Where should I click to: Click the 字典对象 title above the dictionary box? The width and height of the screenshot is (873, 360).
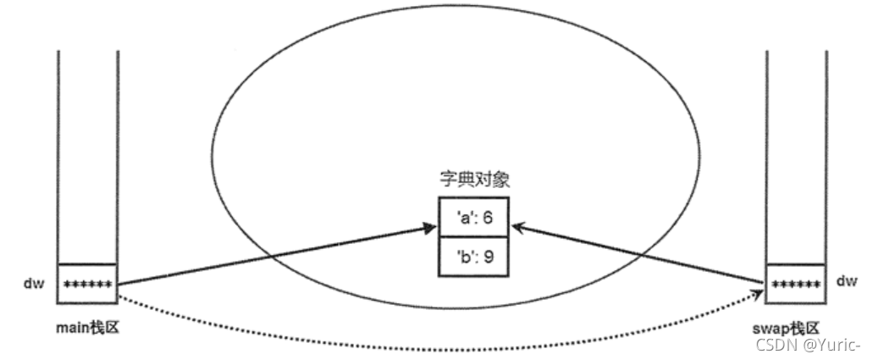tap(472, 181)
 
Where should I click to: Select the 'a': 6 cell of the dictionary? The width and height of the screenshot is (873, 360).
tap(473, 218)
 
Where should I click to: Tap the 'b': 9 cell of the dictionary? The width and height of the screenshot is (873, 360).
tap(473, 257)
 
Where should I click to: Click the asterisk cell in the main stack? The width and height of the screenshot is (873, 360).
tap(88, 283)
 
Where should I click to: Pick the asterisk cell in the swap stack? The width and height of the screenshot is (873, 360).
tap(796, 283)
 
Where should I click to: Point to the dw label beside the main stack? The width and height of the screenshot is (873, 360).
tap(31, 280)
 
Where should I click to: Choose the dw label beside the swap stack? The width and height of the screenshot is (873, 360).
tap(846, 280)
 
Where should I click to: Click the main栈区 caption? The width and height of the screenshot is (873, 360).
tap(88, 327)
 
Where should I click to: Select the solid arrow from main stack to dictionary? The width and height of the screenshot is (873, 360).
tap(271, 254)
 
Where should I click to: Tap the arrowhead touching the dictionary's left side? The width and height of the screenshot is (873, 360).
tap(428, 225)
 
